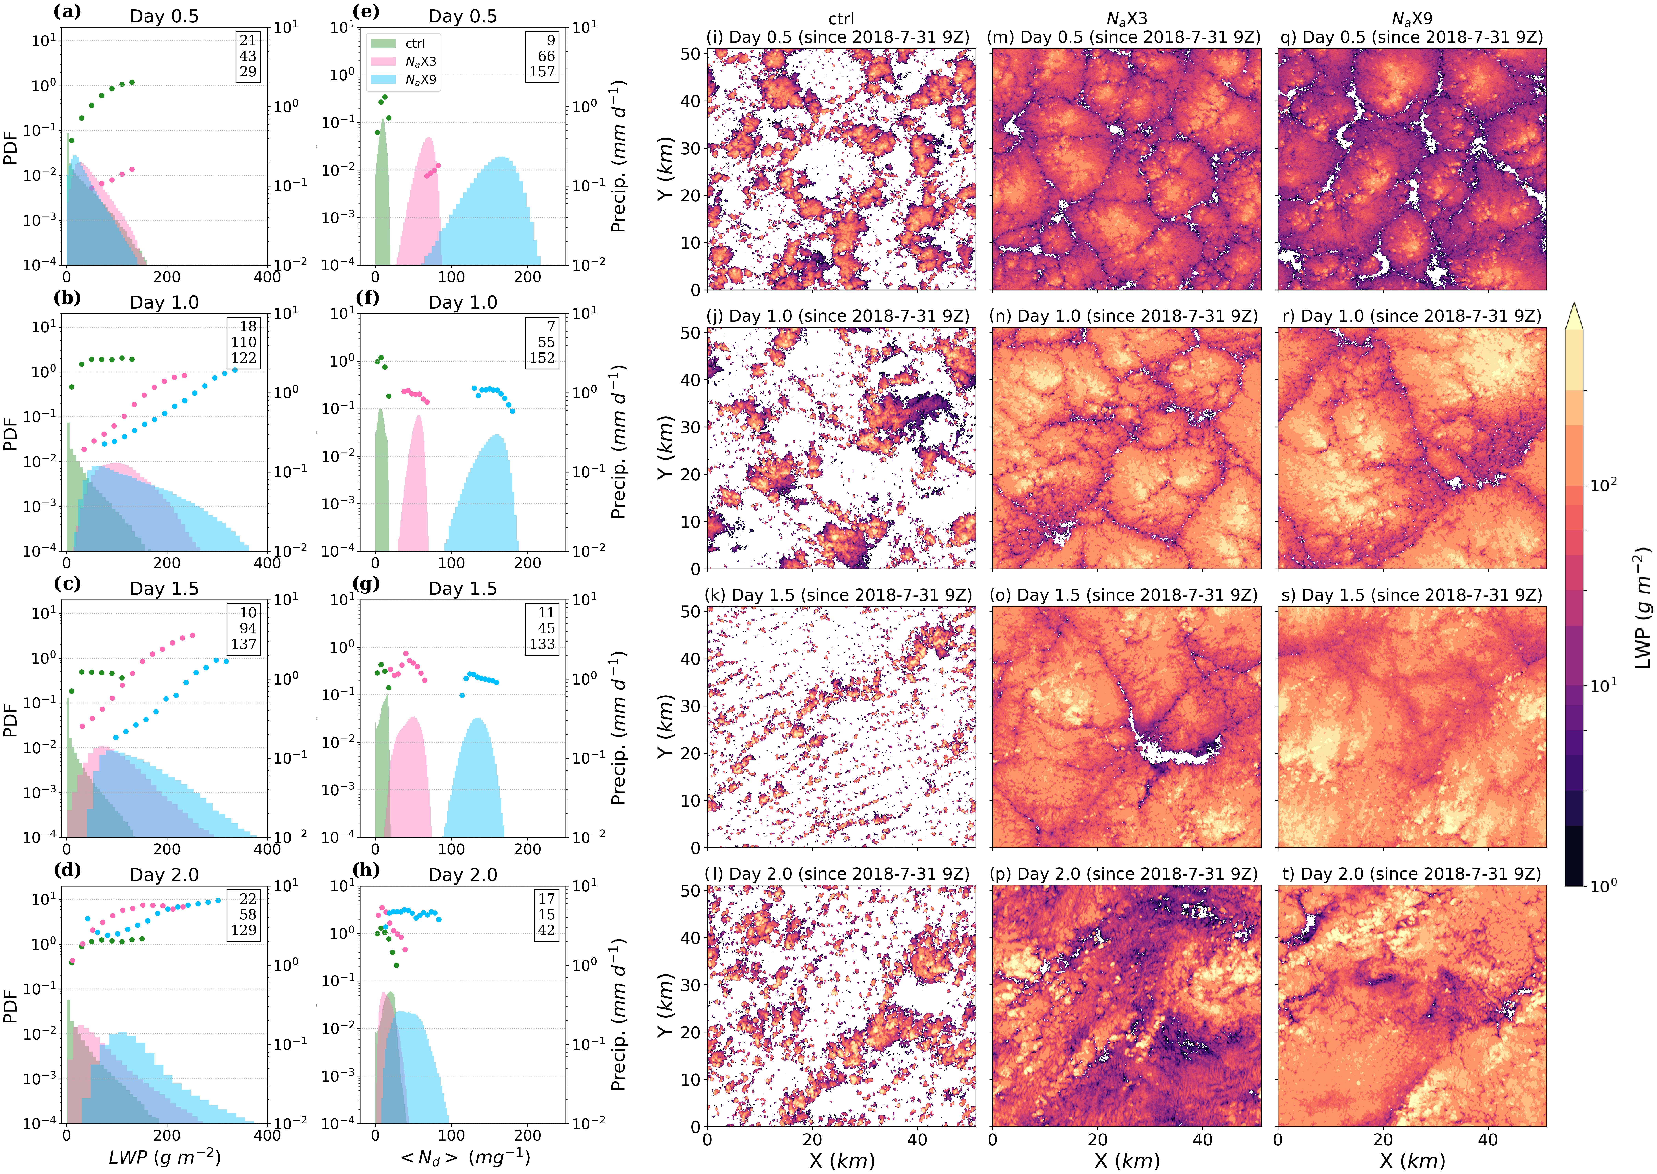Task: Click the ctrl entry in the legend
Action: point(414,43)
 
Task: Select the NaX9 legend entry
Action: point(420,80)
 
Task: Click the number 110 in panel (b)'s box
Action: point(244,342)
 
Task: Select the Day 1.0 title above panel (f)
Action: point(463,302)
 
